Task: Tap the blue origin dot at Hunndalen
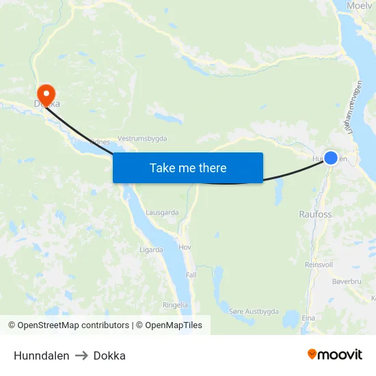(x=331, y=158)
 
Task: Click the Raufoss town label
(x=315, y=214)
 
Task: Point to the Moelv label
(x=360, y=5)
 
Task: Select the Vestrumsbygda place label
(x=142, y=138)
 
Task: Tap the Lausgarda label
(x=162, y=213)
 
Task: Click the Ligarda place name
(x=150, y=250)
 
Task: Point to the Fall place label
(x=191, y=275)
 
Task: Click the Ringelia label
(x=175, y=305)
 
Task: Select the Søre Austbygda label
(x=254, y=311)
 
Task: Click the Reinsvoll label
(x=319, y=264)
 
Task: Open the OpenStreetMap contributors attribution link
(x=73, y=325)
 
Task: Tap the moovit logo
(x=334, y=355)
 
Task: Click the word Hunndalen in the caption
(x=41, y=355)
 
